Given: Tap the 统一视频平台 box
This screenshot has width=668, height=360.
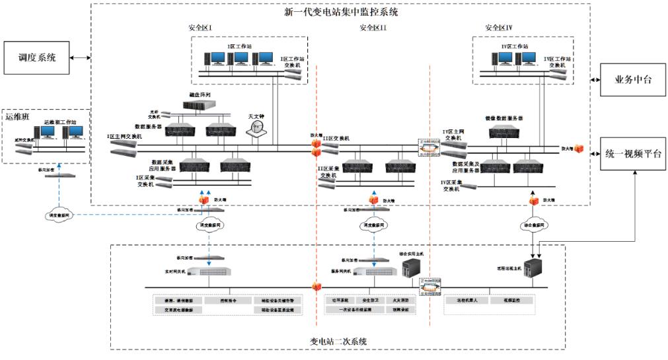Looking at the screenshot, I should [x=634, y=154].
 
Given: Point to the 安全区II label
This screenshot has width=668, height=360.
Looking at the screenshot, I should [x=373, y=28].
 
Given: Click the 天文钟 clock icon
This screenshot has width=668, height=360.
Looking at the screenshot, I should [x=256, y=131].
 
